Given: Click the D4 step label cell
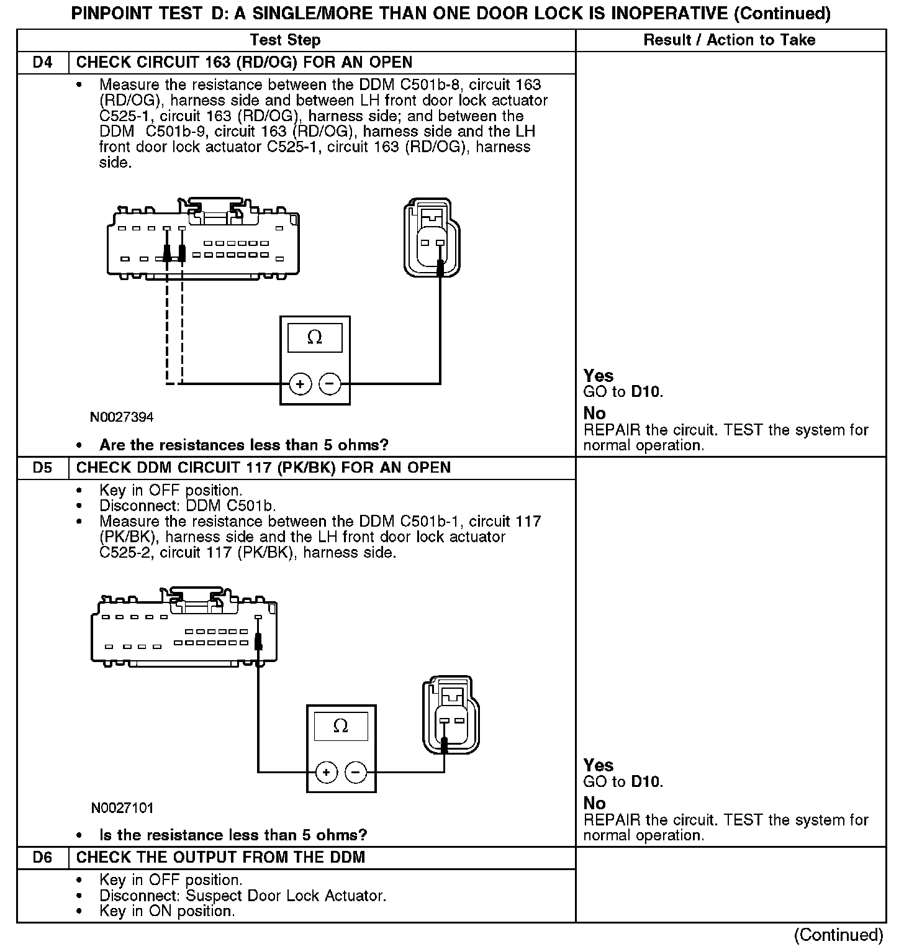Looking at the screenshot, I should (x=42, y=63).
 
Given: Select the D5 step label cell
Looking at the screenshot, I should (x=42, y=468).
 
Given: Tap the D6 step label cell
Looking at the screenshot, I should (x=42, y=858).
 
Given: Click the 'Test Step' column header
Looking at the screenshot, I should (x=285, y=40).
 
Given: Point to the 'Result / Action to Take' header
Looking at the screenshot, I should (x=730, y=40).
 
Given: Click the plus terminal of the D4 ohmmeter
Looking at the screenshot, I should (x=300, y=384).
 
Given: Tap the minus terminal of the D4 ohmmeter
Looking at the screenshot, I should (x=330, y=384).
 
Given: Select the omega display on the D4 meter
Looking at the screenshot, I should (x=315, y=338).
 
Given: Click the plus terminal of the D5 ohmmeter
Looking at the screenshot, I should (x=327, y=773).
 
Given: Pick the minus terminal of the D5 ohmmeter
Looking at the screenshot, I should (x=356, y=773).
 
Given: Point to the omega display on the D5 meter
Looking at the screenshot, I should (x=341, y=726).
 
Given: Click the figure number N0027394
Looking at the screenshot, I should (x=122, y=417).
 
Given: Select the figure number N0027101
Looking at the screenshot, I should (x=122, y=808).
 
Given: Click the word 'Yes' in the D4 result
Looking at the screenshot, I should (x=599, y=376).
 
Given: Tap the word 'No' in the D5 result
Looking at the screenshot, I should (x=594, y=803).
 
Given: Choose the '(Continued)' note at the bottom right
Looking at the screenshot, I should (x=838, y=935).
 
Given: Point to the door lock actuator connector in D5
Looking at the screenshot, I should (x=451, y=715).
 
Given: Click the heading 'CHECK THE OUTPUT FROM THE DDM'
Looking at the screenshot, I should (x=220, y=858).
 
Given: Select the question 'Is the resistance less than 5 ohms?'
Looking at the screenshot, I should (x=233, y=835).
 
